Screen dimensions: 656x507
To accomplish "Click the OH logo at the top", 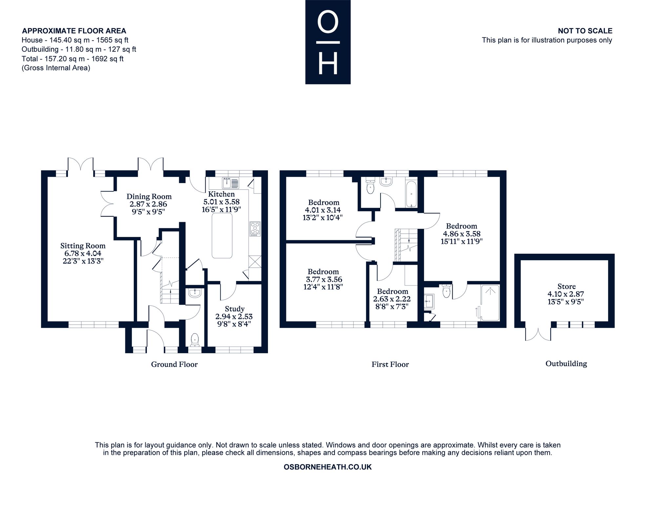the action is pos(328,42).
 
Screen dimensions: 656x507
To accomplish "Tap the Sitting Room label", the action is pos(83,246).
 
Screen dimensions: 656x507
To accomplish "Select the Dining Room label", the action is pos(149,197).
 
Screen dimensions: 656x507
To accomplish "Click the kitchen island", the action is pos(222,236).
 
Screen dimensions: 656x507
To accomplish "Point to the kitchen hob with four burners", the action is pos(255,229).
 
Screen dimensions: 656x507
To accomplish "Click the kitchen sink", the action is pos(231,182).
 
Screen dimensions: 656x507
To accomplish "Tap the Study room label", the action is pos(235,309).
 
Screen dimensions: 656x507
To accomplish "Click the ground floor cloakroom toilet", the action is pos(195,340).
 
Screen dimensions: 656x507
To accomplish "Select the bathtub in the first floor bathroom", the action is pos(411,194).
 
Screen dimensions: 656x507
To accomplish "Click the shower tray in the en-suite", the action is pos(490,303).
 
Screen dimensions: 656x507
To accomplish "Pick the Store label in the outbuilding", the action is pos(566,286).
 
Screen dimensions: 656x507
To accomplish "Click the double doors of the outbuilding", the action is pos(538,334).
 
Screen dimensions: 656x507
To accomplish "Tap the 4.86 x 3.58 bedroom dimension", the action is pos(462,234).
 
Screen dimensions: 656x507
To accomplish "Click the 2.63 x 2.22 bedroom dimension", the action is pos(392,299).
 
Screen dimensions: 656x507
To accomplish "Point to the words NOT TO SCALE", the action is pos(585,31).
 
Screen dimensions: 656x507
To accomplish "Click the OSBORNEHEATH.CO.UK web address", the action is pos(328,467).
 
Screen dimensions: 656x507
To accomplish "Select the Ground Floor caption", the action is pos(174,364).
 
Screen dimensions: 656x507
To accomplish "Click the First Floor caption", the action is pos(390,364).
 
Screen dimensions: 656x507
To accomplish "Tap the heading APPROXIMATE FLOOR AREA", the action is pos(74,31).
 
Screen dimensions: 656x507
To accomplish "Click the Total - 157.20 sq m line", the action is pos(72,59).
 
